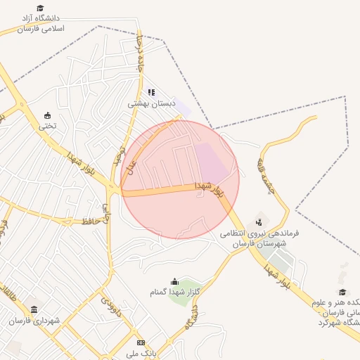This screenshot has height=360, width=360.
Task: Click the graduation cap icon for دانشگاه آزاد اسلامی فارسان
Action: [x=41, y=8]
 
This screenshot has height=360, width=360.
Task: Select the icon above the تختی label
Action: [x=48, y=115]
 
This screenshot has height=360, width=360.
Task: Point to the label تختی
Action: [x=46, y=127]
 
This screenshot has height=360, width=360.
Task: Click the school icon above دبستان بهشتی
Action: [x=150, y=92]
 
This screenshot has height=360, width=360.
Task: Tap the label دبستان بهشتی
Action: [x=150, y=103]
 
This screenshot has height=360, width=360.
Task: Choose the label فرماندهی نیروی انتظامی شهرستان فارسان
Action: [x=259, y=238]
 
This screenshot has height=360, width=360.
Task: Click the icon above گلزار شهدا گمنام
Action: [x=174, y=281]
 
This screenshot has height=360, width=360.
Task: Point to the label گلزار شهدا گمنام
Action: [x=174, y=292]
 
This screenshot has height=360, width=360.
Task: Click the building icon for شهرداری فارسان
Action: [x=34, y=309]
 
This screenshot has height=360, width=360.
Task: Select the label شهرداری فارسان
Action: [x=34, y=321]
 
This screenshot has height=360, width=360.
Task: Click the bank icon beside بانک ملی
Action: [x=141, y=342]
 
